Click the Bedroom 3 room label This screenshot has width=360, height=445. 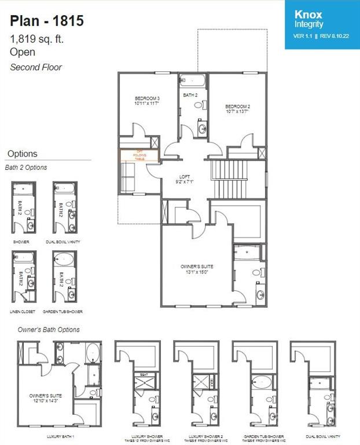146,99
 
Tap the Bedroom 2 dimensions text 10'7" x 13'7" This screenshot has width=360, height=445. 237,112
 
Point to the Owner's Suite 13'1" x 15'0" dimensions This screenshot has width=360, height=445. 197,272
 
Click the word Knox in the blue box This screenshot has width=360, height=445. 308,14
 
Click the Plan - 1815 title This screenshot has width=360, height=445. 47,21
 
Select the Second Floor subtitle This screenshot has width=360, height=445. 36,67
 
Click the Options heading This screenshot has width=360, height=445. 22,154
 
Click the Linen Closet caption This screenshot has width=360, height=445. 24,311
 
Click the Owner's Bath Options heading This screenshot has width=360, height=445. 49,330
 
